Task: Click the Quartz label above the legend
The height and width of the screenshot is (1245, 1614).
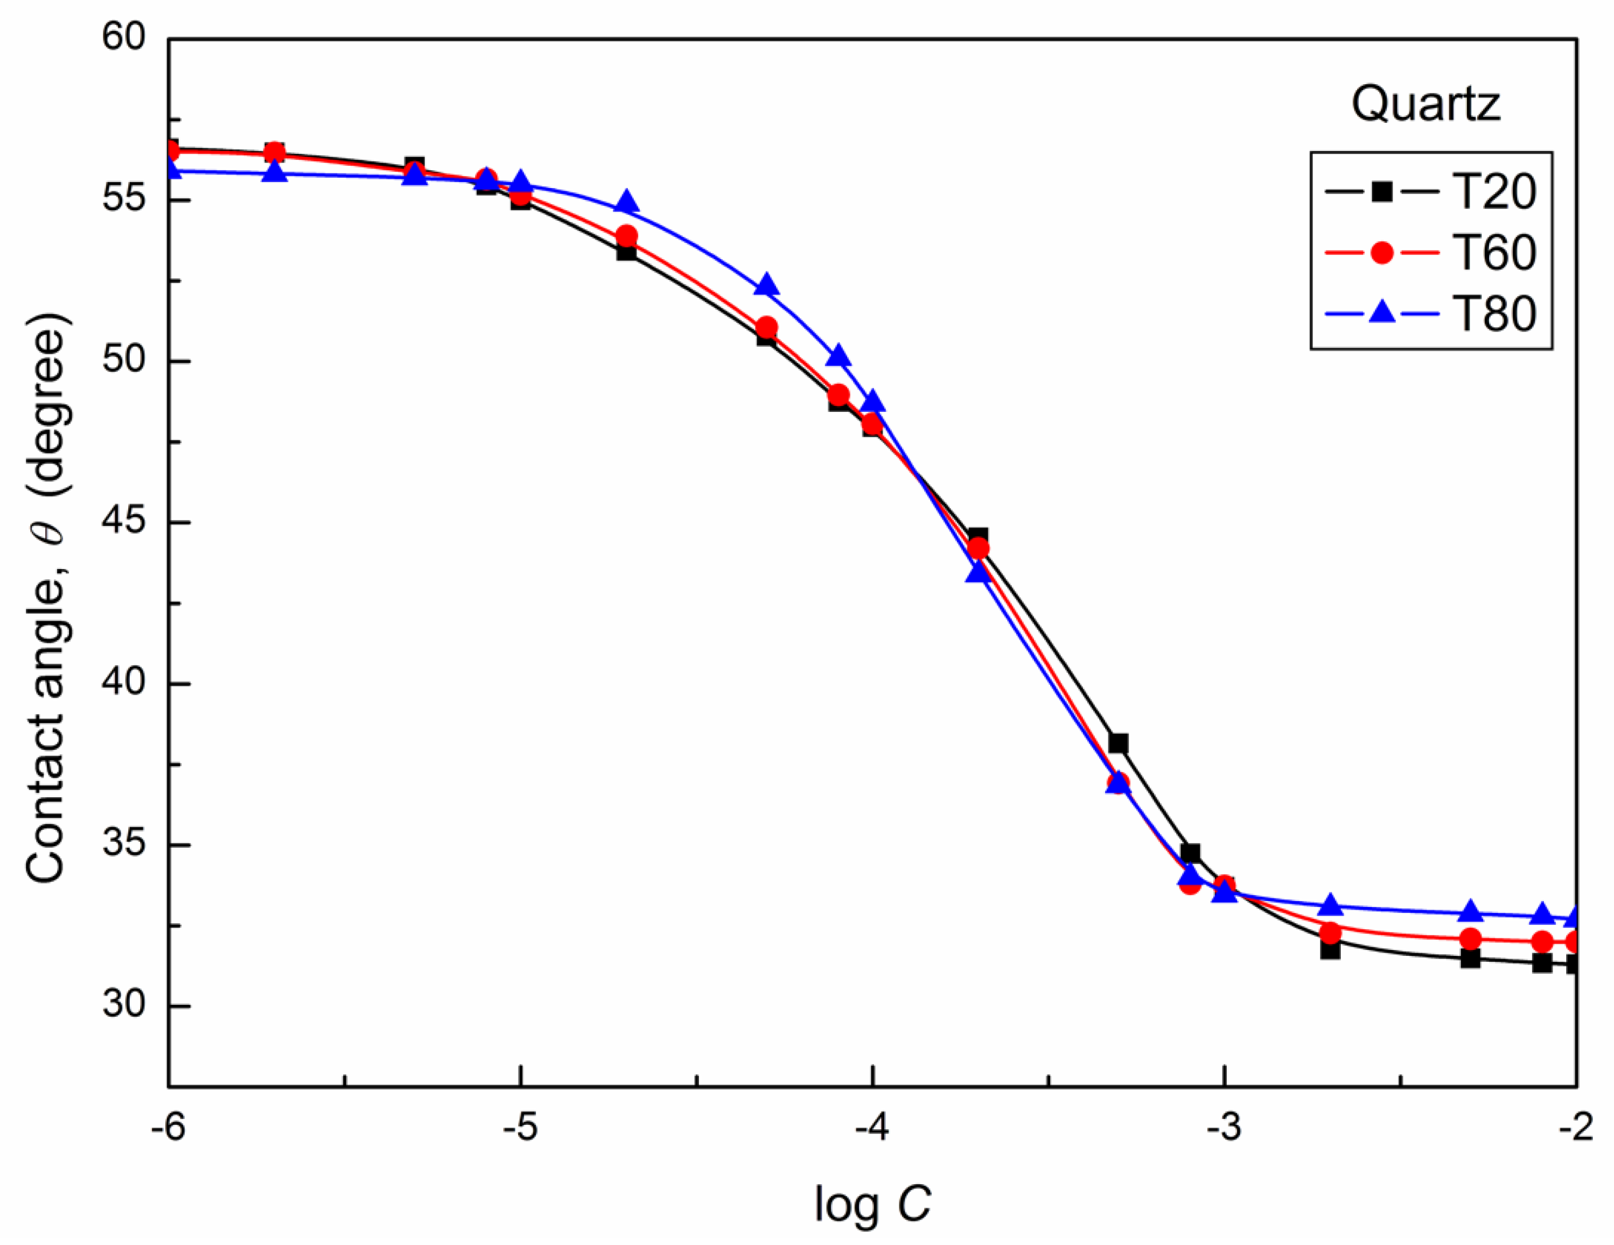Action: tap(1426, 103)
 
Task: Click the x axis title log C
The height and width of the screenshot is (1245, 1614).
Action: tap(872, 1204)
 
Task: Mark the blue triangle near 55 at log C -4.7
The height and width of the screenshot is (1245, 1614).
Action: tap(627, 202)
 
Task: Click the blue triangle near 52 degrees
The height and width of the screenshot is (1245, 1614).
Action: tap(767, 285)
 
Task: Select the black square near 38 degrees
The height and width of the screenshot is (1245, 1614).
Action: tap(1118, 743)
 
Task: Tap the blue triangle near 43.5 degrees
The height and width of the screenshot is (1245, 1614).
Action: tap(978, 572)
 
